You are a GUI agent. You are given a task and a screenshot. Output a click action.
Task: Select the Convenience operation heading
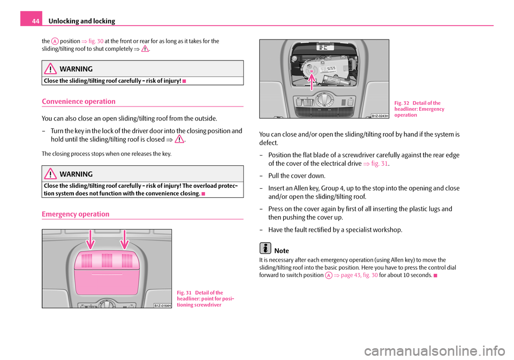coord(79,101)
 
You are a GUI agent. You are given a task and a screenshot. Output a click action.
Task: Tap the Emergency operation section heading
coord(75,214)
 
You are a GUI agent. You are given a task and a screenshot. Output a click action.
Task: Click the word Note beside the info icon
coord(281,251)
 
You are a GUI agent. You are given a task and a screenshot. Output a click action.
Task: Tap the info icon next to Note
coord(264,249)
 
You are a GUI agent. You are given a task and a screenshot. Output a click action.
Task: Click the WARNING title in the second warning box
coord(79,174)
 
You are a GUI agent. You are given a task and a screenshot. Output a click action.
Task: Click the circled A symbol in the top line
coord(55,41)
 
